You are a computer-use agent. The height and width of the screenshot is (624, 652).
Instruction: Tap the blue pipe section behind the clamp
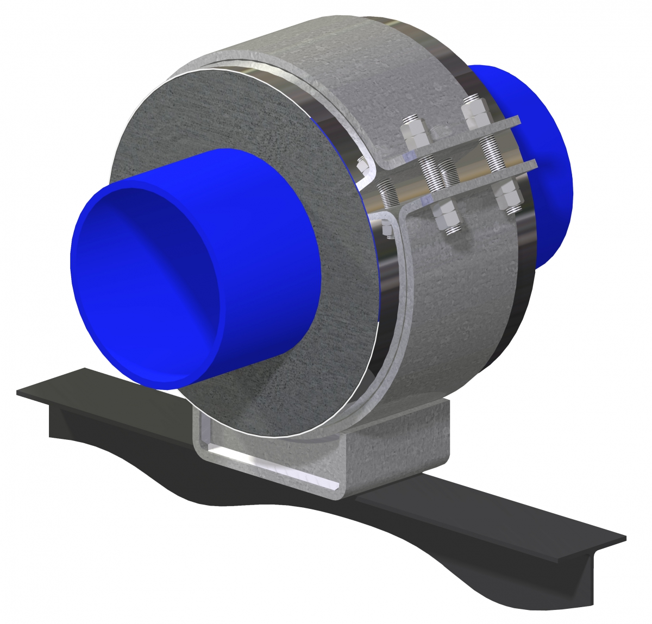coord(549,163)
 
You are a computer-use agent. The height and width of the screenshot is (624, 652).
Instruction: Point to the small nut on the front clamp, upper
coord(360,163)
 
